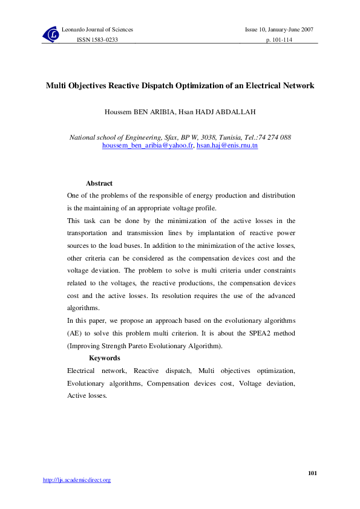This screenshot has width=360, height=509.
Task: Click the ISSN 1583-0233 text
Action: [97, 39]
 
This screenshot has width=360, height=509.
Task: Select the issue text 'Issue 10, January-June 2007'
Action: [279, 30]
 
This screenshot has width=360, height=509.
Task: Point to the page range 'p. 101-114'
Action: [280, 39]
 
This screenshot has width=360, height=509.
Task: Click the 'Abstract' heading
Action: [99, 183]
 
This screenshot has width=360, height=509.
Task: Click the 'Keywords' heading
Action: [104, 358]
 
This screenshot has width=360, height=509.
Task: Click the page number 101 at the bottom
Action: [312, 473]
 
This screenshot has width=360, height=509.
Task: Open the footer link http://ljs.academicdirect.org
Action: [77, 480]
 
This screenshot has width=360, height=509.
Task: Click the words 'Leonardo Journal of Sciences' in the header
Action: [97, 30]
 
